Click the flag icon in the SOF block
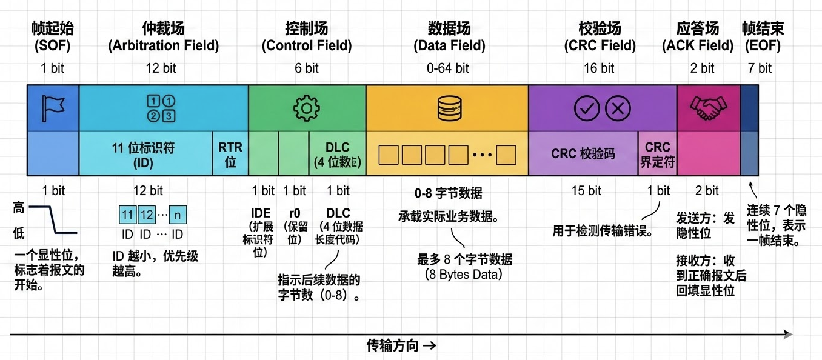click(x=53, y=108)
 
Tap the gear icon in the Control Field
click(x=307, y=108)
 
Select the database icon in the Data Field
click(x=447, y=108)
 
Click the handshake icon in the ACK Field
click(x=709, y=108)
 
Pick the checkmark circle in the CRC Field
click(x=587, y=108)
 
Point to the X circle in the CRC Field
click(x=618, y=108)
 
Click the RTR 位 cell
click(x=230, y=155)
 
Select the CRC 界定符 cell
click(x=657, y=155)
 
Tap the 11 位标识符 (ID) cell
click(x=145, y=155)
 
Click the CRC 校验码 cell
click(x=583, y=154)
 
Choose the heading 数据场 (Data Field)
click(x=449, y=36)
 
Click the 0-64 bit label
click(x=448, y=68)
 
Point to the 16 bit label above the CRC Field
click(x=599, y=68)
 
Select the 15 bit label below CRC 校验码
click(x=586, y=191)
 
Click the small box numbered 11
click(x=127, y=215)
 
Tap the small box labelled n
click(x=178, y=215)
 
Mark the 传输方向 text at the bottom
click(x=401, y=346)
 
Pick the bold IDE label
click(x=261, y=213)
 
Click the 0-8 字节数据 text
click(x=448, y=193)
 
